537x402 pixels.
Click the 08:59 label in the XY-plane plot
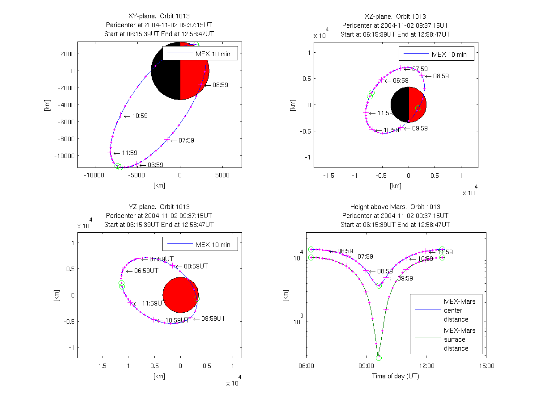(220, 85)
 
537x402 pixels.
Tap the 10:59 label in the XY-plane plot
(140, 116)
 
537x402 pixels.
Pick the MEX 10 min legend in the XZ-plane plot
(436, 54)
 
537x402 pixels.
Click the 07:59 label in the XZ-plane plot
(420, 69)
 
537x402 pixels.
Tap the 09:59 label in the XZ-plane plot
(420, 128)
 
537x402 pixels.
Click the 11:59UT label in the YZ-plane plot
(153, 303)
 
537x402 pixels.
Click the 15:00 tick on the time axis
(486, 365)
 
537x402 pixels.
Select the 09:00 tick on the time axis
(366, 365)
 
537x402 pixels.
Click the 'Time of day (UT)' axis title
(396, 376)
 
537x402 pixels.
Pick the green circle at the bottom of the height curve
(379, 358)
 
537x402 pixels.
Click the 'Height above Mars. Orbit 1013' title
(396, 207)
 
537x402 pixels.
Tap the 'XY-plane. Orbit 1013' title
(159, 17)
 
